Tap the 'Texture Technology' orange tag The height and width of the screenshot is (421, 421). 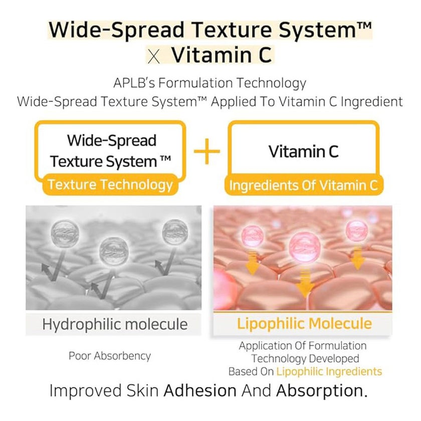pos(110,185)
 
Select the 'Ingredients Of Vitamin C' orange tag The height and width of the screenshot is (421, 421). pos(303,186)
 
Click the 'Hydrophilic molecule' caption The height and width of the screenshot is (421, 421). pos(115,324)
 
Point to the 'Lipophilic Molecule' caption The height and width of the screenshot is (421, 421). pos(304,323)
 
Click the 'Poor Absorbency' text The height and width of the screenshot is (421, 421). pos(110,356)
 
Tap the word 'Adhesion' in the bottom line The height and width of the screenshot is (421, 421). pos(200,390)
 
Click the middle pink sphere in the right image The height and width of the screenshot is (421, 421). pos(303,247)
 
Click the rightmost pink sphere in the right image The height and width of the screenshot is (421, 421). pos(356,230)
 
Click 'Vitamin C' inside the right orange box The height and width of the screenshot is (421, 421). pos(303,151)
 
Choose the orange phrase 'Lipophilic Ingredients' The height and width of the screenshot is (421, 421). pos(329,371)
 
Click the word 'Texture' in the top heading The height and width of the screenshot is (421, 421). pos(234,31)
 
